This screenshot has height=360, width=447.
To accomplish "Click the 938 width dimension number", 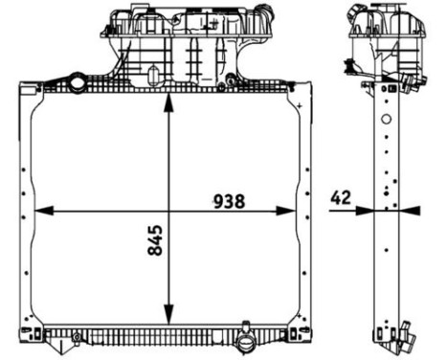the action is (229, 201).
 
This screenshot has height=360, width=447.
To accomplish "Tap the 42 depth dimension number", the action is (340, 198).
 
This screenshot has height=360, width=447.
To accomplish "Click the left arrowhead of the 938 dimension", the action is (39, 211).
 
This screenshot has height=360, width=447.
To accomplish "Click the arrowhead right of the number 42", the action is (367, 211).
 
